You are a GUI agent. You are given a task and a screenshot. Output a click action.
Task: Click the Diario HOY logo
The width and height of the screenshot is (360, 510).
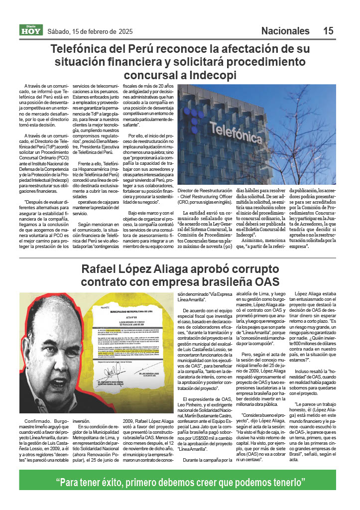click(x=31, y=30)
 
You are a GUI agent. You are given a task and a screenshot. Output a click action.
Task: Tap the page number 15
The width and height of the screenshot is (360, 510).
click(x=328, y=31)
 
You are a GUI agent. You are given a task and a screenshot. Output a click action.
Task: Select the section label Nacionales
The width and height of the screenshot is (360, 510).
click(x=285, y=31)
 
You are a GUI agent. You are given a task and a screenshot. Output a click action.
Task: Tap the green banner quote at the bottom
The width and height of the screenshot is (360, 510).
click(x=180, y=483)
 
